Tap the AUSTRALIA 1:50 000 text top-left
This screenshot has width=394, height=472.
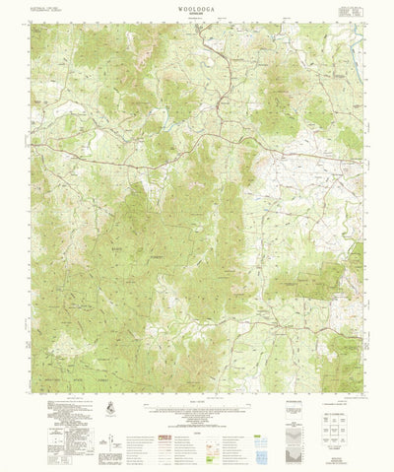49,11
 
